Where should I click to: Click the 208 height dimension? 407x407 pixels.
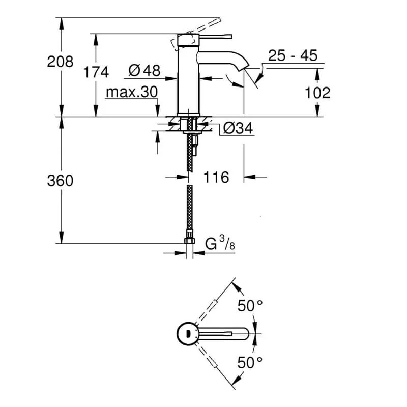60,62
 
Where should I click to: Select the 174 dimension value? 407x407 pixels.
96,72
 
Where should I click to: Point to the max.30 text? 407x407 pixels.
132,93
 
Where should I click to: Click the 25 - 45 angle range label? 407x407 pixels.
293,55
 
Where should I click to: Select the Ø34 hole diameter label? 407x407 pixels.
238,128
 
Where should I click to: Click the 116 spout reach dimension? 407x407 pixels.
216,177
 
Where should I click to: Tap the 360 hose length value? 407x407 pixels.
60,180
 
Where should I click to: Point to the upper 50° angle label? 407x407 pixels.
250,306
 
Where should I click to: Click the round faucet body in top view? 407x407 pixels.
188,334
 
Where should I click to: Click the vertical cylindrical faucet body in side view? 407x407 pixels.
188,81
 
